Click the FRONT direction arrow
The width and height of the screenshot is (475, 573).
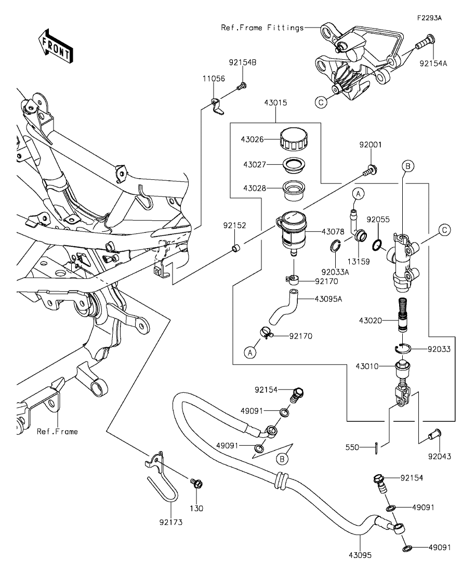click(56, 45)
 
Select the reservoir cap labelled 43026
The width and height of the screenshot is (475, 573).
click(294, 139)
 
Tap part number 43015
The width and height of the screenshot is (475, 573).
click(275, 103)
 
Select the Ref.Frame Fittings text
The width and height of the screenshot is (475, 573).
click(262, 28)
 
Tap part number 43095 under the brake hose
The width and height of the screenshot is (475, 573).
click(360, 555)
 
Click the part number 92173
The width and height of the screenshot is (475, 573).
click(171, 522)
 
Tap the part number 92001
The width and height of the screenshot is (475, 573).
click(371, 145)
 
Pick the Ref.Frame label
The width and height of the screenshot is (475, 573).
click(57, 432)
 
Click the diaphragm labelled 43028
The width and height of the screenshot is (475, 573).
click(294, 190)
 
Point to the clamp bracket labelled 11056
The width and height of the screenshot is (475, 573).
click(218, 106)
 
